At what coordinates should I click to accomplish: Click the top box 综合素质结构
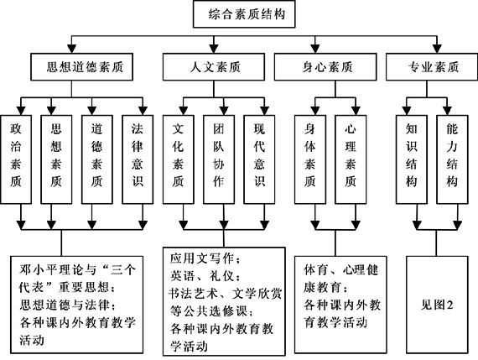click(x=244, y=14)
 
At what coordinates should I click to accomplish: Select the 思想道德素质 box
click(x=81, y=67)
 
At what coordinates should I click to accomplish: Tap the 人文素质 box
click(x=214, y=67)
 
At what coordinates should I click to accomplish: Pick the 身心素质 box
click(x=325, y=67)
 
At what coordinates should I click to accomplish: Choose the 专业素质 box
click(x=432, y=67)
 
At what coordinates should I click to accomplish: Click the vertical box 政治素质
click(x=16, y=159)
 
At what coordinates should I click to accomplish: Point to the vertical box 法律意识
click(x=138, y=159)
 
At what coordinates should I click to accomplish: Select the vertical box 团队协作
click(x=219, y=159)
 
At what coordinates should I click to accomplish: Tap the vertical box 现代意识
click(x=259, y=159)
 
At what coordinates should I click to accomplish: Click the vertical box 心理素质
click(x=351, y=159)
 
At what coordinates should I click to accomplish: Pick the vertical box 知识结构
click(x=412, y=159)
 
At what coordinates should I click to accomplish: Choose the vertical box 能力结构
click(x=452, y=159)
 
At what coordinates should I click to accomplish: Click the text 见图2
click(x=437, y=305)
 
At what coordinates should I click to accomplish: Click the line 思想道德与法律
click(x=68, y=305)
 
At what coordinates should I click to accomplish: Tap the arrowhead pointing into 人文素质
click(x=214, y=49)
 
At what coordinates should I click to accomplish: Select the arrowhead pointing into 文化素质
click(x=183, y=111)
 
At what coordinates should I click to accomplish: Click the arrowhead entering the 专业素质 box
click(x=437, y=49)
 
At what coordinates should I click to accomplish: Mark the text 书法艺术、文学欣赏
click(x=226, y=294)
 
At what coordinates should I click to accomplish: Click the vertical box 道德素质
click(x=97, y=159)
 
